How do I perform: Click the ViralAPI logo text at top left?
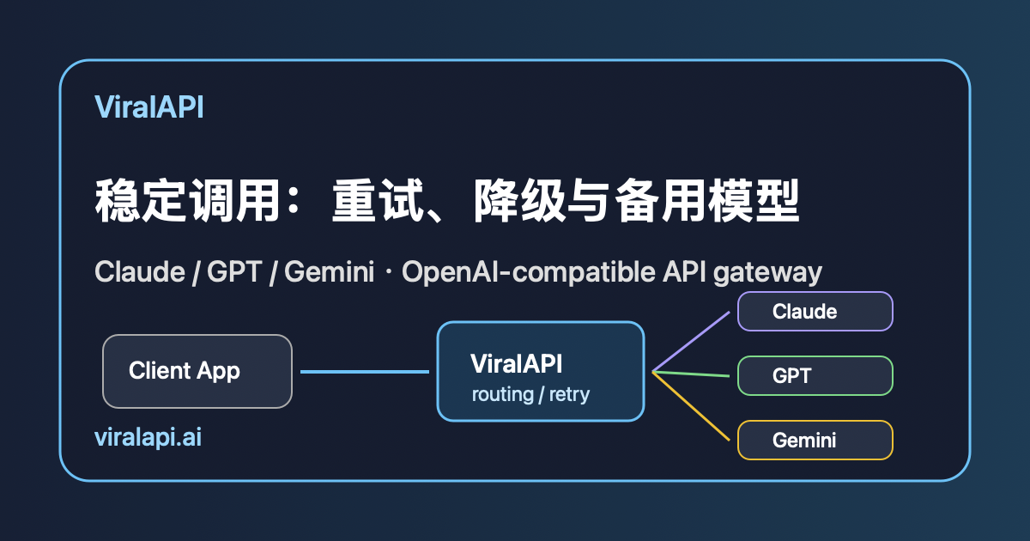[x=149, y=107]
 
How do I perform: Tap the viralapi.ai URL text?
[x=148, y=437]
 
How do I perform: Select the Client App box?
[x=197, y=371]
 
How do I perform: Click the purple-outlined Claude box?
[x=815, y=312]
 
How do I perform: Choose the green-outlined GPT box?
[x=815, y=376]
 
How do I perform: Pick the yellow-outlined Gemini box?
[x=815, y=441]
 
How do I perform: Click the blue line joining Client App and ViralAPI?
[x=365, y=372]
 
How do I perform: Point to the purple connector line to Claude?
[x=691, y=342]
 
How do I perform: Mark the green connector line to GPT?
[x=691, y=374]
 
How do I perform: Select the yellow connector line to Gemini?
[x=691, y=405]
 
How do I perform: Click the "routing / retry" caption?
[x=530, y=395]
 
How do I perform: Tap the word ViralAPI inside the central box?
[x=516, y=364]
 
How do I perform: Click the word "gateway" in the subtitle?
[x=767, y=272]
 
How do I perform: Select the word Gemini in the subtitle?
[x=330, y=271]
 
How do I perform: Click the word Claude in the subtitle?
[x=140, y=271]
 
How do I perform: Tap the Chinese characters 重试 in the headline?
[x=378, y=201]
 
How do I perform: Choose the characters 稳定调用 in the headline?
[x=188, y=201]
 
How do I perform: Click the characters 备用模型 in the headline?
[x=707, y=201]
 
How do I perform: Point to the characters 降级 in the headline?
[x=519, y=201]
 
